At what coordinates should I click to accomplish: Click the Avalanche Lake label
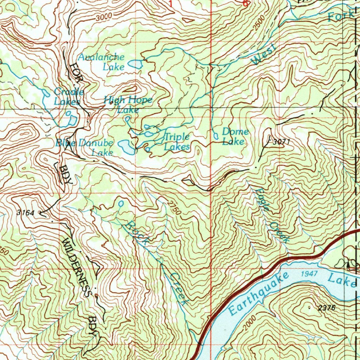click(102, 61)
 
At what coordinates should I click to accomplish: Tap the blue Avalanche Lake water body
click(135, 64)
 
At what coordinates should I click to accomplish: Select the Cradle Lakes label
click(69, 97)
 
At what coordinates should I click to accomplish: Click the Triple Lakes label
click(177, 142)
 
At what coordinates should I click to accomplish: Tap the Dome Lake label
click(235, 136)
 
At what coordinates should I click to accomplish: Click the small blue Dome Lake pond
click(216, 135)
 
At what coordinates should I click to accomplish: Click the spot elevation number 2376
click(327, 308)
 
